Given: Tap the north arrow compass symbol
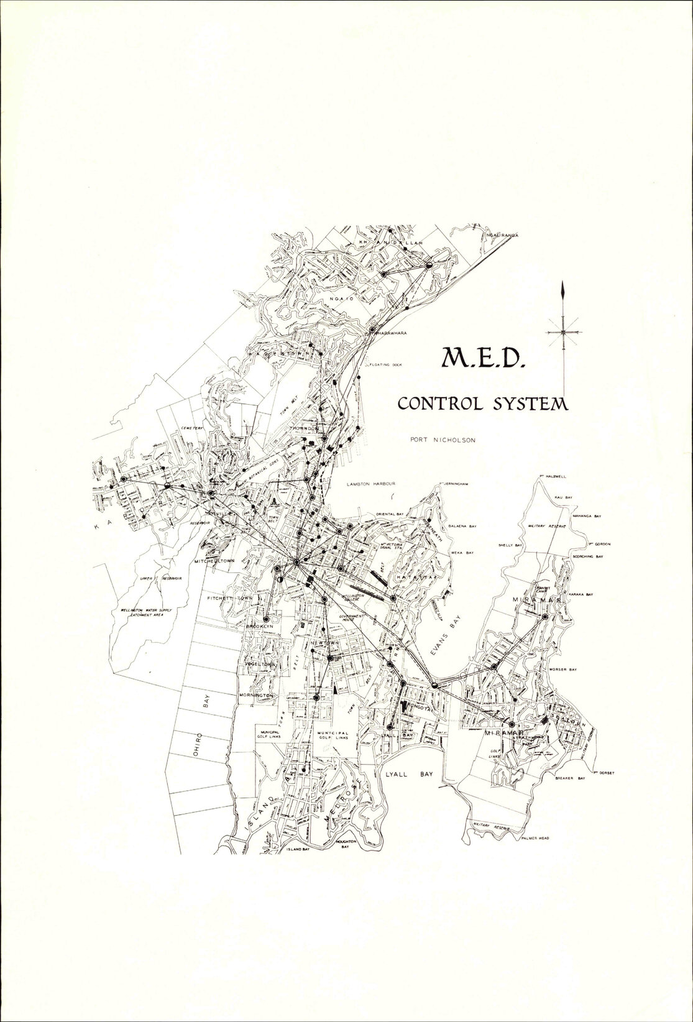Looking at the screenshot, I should click(x=563, y=330).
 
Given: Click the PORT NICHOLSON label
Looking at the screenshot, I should click(x=443, y=440).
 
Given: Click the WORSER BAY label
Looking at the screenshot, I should click(x=563, y=670).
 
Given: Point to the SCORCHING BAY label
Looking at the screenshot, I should click(x=587, y=556).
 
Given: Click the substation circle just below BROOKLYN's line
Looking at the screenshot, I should click(x=266, y=619).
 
